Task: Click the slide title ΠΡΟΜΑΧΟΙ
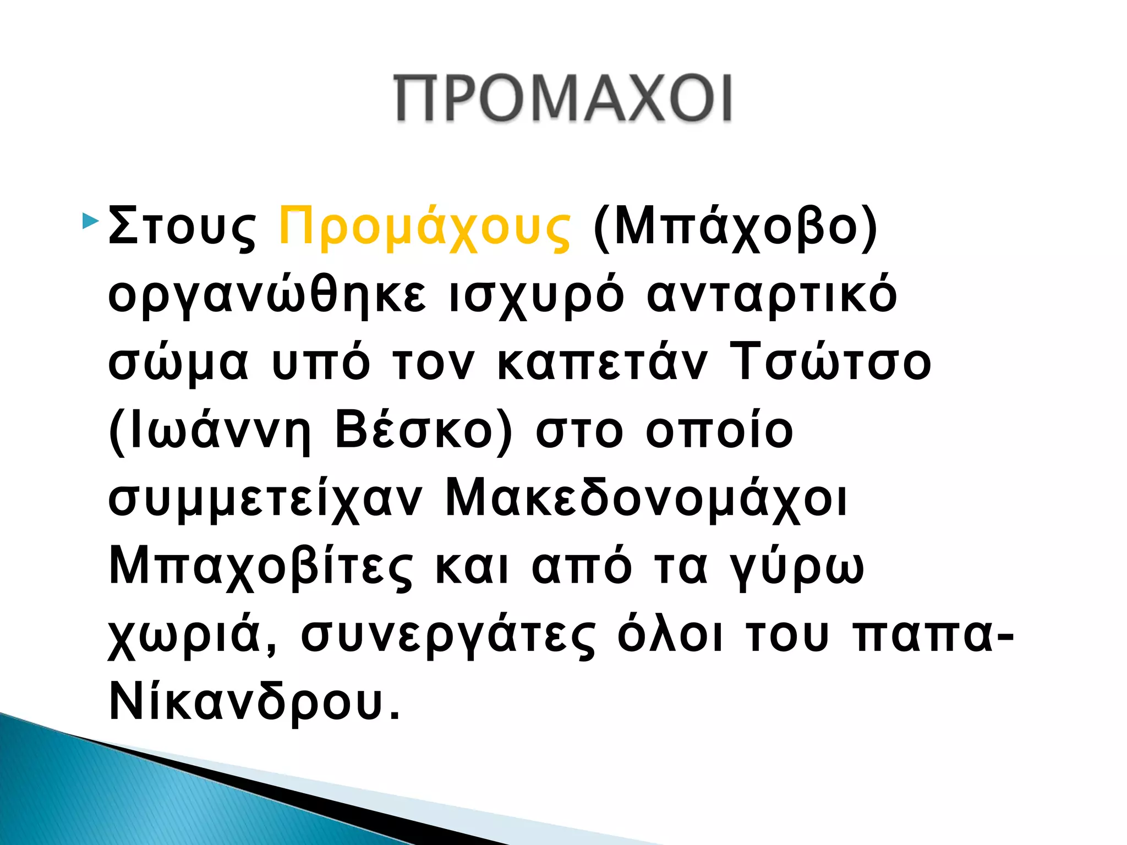click(563, 97)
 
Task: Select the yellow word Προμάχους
click(424, 227)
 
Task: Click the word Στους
click(182, 227)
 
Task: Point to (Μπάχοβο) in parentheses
click(735, 227)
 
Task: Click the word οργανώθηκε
click(267, 295)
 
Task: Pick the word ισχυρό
click(537, 295)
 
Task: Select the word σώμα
click(178, 363)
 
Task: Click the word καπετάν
click(602, 363)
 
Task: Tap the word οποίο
click(719, 431)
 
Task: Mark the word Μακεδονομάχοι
click(646, 499)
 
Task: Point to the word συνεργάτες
click(448, 635)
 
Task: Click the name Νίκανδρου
click(254, 703)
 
